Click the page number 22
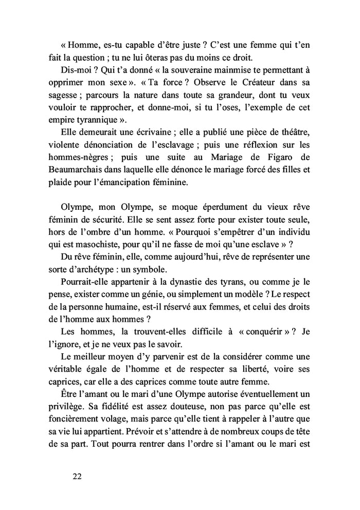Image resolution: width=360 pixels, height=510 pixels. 77,476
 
